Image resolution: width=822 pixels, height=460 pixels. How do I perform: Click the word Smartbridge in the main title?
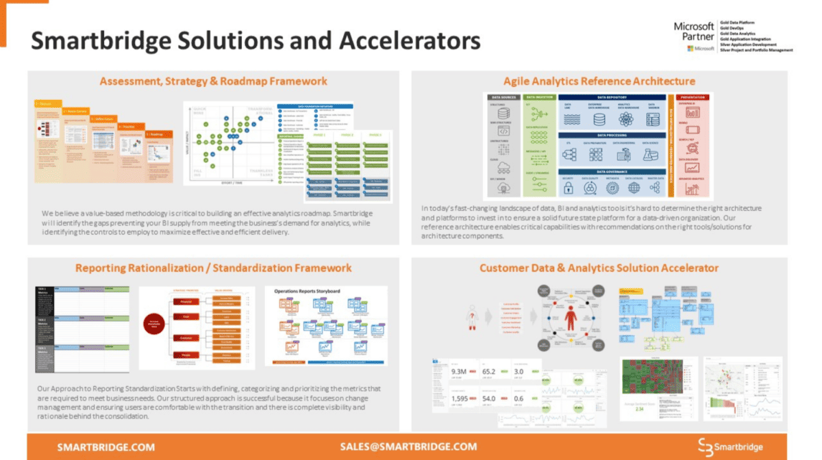pos(110,41)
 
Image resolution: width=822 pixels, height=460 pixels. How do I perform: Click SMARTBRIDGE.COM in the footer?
pos(105,447)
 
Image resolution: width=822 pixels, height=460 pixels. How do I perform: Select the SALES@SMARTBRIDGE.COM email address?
pos(408,446)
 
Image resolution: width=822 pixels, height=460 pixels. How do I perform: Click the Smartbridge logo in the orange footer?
pos(730,447)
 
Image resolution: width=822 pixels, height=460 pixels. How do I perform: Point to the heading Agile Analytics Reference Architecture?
pos(599,81)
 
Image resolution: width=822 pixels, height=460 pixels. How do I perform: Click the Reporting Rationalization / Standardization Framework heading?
pos(213,268)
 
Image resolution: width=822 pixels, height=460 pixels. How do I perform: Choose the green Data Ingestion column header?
pos(539,97)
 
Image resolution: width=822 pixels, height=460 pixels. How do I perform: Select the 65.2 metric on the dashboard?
pos(490,372)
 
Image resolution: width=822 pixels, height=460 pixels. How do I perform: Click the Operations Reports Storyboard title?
pos(308,291)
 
